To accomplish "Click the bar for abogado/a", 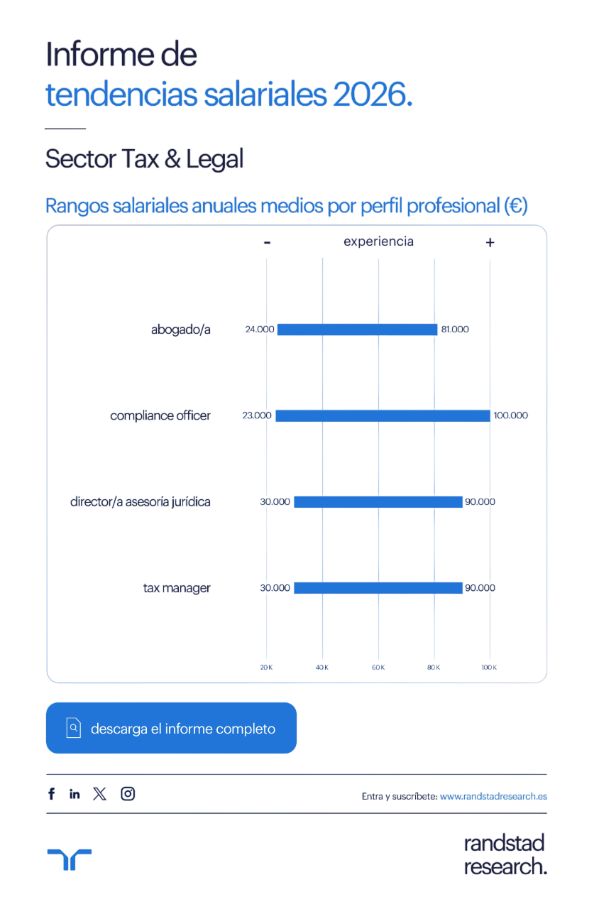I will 357,330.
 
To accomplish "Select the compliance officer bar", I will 382,415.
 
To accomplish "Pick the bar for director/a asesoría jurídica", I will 378,502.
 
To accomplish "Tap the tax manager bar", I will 378,588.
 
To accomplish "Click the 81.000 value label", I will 455,330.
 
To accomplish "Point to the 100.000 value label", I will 510,415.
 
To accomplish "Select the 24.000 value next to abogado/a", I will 259,330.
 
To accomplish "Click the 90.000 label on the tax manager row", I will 480,588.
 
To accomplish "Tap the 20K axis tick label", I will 266,668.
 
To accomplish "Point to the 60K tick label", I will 378,668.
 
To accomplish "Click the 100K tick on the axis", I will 489,668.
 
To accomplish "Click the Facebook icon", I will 51,794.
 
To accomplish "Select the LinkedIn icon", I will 75,794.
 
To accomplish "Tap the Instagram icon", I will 128,794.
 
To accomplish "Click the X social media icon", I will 99,794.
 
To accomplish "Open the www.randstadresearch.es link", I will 493,796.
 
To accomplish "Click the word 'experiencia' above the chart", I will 378,241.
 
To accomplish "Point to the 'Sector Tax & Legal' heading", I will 144,159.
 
